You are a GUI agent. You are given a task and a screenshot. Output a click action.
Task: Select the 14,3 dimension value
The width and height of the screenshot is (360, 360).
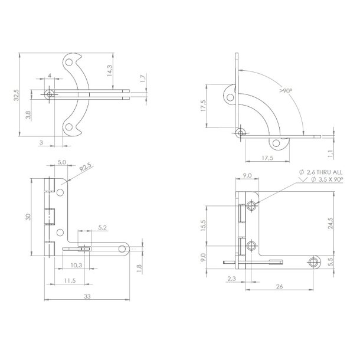[110, 71]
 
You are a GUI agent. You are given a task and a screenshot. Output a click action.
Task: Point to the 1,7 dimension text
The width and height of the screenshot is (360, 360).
[143, 78]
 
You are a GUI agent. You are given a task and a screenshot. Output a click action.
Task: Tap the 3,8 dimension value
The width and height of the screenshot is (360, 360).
[29, 115]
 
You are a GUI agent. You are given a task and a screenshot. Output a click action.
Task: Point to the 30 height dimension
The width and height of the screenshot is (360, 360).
[28, 217]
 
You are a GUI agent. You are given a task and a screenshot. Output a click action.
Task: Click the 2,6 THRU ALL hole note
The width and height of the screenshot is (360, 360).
[316, 171]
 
